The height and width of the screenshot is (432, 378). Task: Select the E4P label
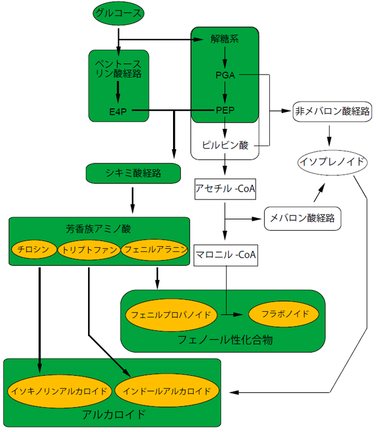point(118,111)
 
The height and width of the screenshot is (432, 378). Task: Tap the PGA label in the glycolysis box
point(225,75)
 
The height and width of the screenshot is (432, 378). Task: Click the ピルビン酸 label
point(225,145)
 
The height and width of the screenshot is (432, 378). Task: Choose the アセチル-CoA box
point(225,189)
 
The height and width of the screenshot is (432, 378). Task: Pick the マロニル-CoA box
point(225,256)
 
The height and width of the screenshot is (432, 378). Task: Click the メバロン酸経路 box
point(302,218)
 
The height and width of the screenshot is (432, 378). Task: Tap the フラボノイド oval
point(285,314)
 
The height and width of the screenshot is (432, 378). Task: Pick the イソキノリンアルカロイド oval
point(58,391)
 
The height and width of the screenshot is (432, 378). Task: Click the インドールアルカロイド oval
point(167,391)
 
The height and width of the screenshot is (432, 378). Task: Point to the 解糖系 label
point(225,39)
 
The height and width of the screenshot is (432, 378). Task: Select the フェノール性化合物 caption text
point(225,340)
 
